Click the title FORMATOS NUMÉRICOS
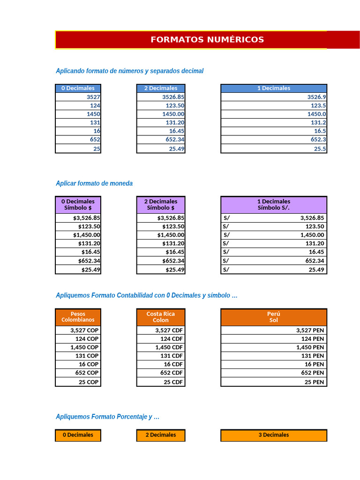click(x=207, y=40)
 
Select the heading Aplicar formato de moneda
click(x=94, y=183)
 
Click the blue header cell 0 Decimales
click(x=78, y=88)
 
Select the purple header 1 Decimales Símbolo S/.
click(x=274, y=204)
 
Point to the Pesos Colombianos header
click(x=78, y=317)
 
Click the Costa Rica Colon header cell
click(x=161, y=317)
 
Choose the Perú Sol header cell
click(x=274, y=317)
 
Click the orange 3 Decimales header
click(x=274, y=435)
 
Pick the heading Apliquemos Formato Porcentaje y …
click(x=108, y=417)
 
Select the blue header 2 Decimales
click(x=161, y=88)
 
